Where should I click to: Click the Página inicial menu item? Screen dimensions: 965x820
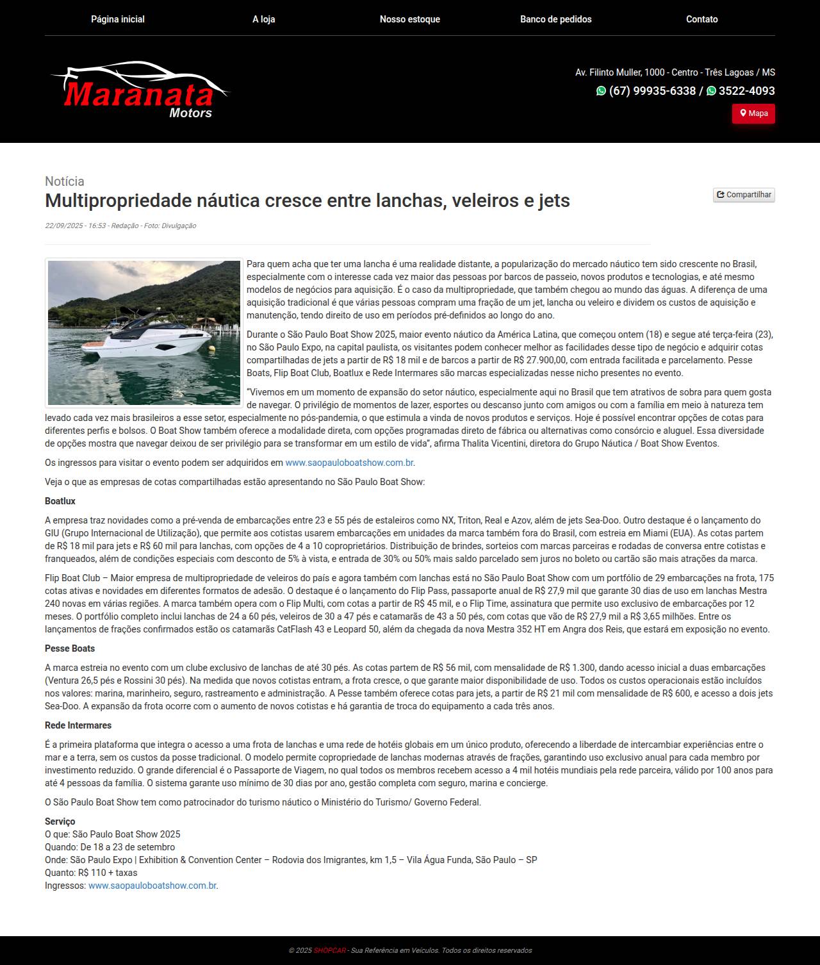pos(118,19)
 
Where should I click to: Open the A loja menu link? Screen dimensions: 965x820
pos(263,19)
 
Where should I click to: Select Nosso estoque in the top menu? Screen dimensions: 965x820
pos(409,19)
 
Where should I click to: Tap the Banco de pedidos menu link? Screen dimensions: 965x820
pos(555,19)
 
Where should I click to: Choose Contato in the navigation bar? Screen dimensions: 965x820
pos(701,19)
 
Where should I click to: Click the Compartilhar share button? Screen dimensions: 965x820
pos(744,195)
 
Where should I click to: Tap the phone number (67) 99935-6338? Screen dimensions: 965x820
pos(652,91)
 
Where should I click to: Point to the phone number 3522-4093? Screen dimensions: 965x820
pos(746,91)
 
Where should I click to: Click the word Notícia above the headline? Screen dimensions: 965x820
pos(65,181)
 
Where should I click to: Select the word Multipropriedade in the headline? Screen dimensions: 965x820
pos(120,201)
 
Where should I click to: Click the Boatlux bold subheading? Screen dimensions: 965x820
pos(60,501)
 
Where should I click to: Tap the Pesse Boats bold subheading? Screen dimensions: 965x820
pos(70,648)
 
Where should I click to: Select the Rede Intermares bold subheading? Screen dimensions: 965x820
pos(78,725)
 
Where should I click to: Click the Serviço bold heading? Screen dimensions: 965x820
pos(60,821)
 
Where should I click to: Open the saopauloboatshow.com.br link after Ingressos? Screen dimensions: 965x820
pos(152,886)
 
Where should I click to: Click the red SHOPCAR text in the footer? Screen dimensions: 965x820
pos(329,950)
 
